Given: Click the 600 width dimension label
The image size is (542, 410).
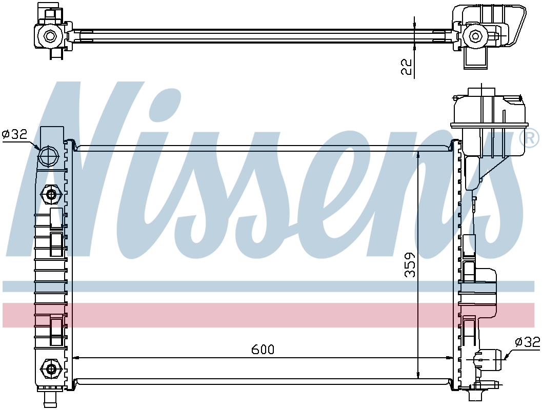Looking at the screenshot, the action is pyautogui.click(x=263, y=350).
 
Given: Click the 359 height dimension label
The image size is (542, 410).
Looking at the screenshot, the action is pyautogui.click(x=410, y=265).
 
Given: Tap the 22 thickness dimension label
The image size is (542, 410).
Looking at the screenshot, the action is pyautogui.click(x=407, y=67).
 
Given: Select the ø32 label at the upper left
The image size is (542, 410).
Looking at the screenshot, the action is pyautogui.click(x=14, y=134).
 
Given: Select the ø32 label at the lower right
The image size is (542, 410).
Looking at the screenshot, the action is pyautogui.click(x=528, y=342).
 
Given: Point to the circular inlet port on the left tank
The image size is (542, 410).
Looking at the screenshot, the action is pyautogui.click(x=48, y=156).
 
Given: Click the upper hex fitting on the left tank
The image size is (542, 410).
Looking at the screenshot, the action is pyautogui.click(x=51, y=194).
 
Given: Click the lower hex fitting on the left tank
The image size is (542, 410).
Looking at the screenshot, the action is pyautogui.click(x=51, y=368).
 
